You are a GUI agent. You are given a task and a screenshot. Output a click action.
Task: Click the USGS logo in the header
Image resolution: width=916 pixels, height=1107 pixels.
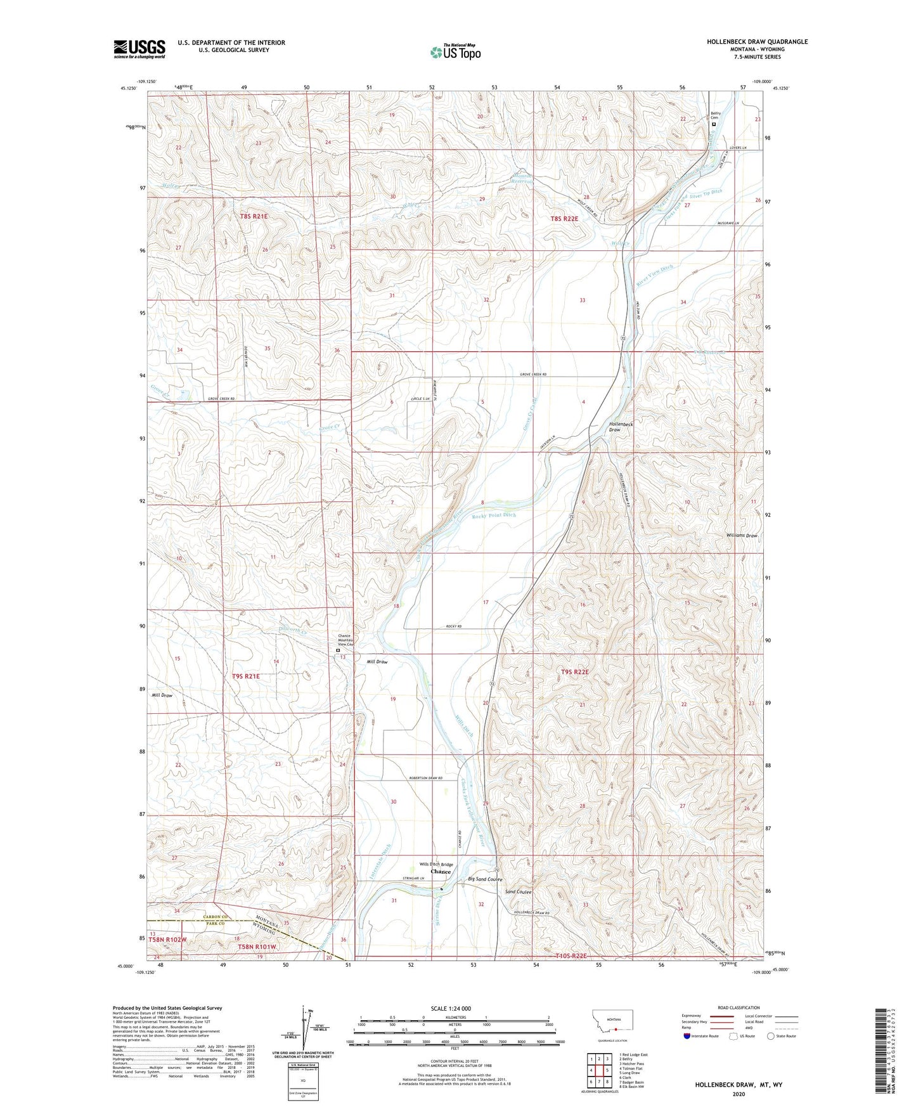coord(139,48)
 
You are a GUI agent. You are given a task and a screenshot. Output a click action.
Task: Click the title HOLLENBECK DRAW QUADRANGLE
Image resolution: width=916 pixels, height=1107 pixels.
coord(757,41)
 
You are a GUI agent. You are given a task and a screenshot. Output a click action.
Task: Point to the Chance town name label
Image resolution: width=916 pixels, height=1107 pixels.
coord(441,872)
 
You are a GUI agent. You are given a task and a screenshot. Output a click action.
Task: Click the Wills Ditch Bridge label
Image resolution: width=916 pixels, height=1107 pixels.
coord(436,864)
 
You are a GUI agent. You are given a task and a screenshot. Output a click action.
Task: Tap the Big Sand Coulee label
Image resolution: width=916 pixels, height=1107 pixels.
coord(485,879)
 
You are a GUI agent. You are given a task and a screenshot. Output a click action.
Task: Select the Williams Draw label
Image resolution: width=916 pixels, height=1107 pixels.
coord(742,536)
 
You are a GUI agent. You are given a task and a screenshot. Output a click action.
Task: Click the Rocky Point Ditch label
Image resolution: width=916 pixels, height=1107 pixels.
coord(494,515)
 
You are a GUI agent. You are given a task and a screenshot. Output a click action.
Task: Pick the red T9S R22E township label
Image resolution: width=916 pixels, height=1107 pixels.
coord(575,671)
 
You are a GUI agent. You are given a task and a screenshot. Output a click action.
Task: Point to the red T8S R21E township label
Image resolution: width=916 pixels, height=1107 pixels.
coord(254,217)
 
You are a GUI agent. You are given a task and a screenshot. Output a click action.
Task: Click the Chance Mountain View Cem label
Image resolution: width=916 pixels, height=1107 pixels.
coord(344,640)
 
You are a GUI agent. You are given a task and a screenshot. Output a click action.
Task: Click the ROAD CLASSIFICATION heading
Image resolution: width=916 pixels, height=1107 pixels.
coord(739,1007)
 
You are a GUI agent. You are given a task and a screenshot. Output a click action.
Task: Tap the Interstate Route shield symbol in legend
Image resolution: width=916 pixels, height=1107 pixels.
coord(687,1036)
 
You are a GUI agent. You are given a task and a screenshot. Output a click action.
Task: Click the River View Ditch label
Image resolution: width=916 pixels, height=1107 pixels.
coord(654,276)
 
